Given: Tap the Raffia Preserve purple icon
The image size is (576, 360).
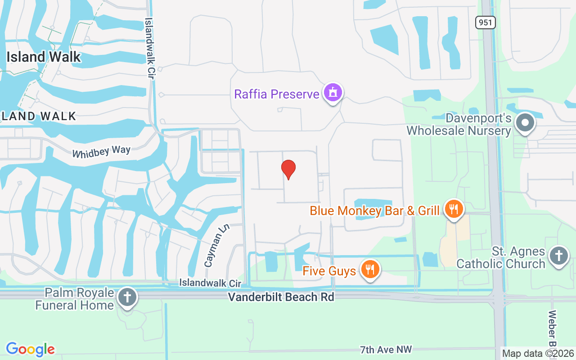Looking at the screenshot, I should (x=333, y=93).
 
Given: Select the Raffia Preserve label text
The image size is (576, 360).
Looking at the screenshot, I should (x=276, y=94).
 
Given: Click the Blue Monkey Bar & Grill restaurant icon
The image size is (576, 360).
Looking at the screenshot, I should (x=454, y=209).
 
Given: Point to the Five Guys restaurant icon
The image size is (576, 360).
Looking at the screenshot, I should (x=370, y=270).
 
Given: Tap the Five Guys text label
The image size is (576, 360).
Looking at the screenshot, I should (x=329, y=271).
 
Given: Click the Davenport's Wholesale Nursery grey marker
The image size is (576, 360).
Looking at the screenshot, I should (x=525, y=122).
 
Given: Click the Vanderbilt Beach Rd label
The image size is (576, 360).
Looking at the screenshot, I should (x=281, y=297).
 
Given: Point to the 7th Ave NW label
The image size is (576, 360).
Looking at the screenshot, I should (x=386, y=349).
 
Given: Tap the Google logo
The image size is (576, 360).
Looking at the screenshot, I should (x=30, y=349).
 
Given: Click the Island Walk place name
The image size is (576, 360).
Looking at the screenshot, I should (x=43, y=57).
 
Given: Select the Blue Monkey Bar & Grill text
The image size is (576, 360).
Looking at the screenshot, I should (x=374, y=211).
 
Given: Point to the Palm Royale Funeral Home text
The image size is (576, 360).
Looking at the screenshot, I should (x=75, y=299).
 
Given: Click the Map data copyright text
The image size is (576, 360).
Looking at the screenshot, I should (x=538, y=354).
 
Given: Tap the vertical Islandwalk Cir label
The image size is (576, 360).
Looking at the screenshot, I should (x=149, y=49).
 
